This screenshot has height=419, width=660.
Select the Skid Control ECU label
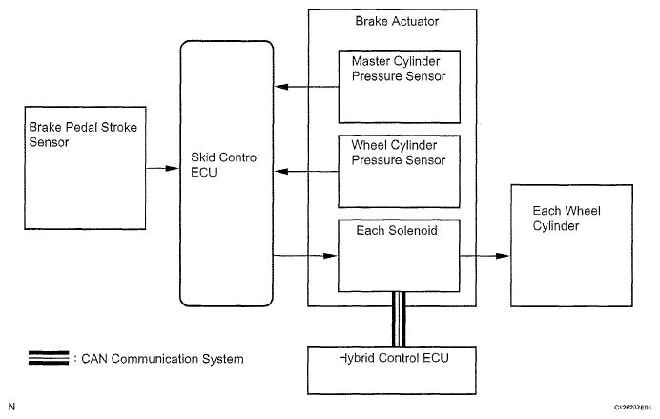click(x=225, y=165)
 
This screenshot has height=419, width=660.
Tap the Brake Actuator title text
click(x=397, y=22)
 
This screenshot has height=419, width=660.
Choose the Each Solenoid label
click(x=397, y=230)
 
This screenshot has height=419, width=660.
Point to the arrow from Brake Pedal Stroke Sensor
click(x=162, y=168)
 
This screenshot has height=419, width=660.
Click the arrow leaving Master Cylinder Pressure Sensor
click(x=306, y=87)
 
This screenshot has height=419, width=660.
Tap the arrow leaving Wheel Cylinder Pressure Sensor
click(x=306, y=172)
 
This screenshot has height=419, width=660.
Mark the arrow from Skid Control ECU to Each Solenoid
click(x=305, y=256)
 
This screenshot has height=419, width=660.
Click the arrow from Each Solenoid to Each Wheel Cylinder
click(x=485, y=256)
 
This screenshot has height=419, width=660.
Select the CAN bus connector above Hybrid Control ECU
click(x=399, y=319)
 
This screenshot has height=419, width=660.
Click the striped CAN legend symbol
click(x=49, y=358)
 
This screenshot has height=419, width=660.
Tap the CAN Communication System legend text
click(x=162, y=359)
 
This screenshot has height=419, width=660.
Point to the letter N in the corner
click(x=11, y=407)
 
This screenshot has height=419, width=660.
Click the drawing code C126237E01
click(x=632, y=408)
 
